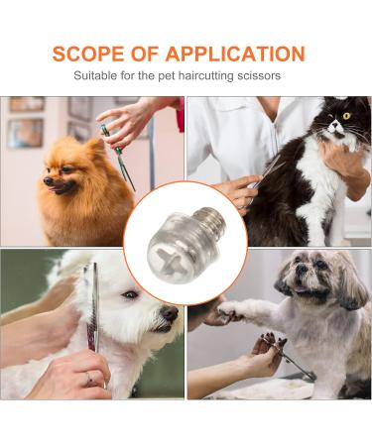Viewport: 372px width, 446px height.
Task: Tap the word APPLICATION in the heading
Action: pos(235,54)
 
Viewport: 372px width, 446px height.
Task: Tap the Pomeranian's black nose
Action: pos(49,180)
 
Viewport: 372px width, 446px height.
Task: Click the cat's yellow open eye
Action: pos(346,116)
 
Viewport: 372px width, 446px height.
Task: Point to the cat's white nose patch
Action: pos(335,127)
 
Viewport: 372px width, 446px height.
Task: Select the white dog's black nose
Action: pos(170,313)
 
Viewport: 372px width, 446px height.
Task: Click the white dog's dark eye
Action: pos(130,294)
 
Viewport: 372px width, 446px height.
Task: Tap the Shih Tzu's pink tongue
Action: pos(301,289)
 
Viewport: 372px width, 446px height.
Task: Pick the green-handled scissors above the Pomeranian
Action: pos(118,157)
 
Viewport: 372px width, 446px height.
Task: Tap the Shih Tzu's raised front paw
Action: pos(229,310)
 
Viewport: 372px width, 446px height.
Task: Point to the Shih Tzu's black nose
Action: pos(302,270)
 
